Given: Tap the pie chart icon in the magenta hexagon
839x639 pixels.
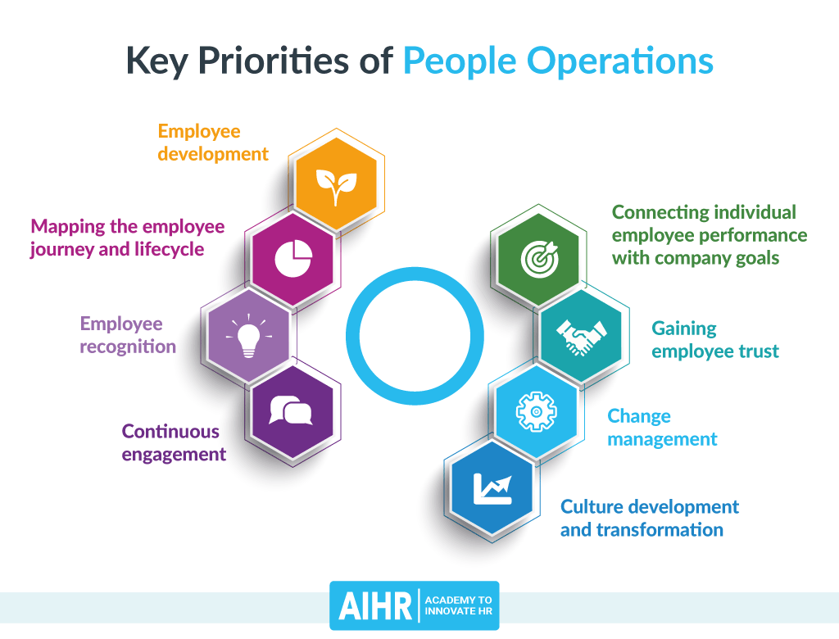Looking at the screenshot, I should (293, 259).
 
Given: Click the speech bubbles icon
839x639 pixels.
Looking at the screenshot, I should (292, 410).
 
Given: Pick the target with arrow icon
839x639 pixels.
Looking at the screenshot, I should (538, 256).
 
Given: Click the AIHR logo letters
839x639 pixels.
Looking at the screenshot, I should (373, 607).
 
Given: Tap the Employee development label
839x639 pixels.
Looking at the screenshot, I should (213, 143).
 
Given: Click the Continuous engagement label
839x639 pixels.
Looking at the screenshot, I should (174, 442).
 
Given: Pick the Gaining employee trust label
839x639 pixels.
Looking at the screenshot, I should (714, 340).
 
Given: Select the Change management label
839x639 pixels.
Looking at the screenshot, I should (662, 428).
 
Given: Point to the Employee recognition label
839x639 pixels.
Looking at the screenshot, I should (128, 335).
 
